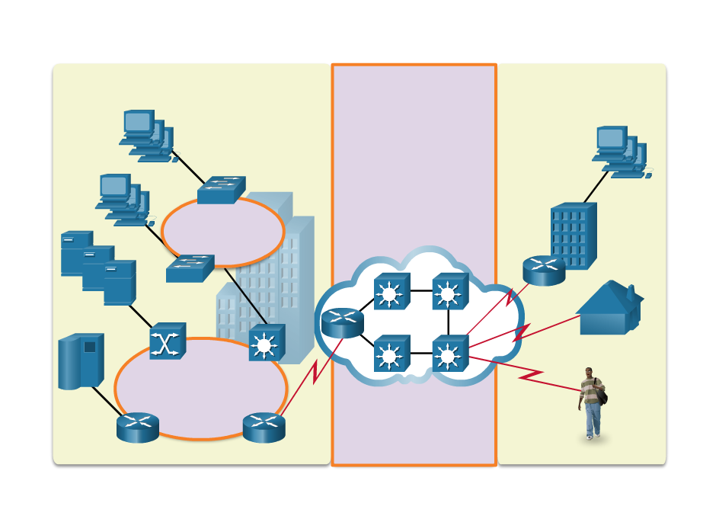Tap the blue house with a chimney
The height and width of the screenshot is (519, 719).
[609, 309]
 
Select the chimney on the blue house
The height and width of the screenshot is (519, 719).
[631, 291]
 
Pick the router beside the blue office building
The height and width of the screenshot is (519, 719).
[544, 271]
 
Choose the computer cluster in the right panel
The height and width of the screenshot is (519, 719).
[621, 152]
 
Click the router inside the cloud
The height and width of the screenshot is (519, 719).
[343, 322]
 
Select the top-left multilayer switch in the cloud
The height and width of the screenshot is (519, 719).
[391, 291]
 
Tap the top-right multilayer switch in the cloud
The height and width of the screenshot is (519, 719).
[450, 291]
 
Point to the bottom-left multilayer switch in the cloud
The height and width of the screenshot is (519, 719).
[391, 354]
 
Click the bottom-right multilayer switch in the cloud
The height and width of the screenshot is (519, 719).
[450, 354]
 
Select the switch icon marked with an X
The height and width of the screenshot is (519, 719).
[168, 341]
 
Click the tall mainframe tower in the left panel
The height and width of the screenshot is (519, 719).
[81, 360]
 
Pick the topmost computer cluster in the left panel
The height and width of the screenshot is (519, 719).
[146, 136]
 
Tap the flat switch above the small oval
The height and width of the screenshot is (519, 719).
[221, 190]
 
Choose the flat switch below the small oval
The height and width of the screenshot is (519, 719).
[190, 268]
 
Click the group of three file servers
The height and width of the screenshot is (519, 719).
[97, 268]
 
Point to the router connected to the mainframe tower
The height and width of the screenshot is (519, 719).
[138, 427]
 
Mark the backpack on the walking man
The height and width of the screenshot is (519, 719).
[602, 393]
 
